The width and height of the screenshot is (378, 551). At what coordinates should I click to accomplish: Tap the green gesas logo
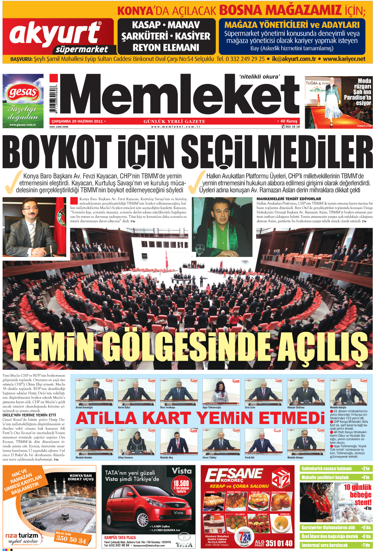click(x=23, y=92)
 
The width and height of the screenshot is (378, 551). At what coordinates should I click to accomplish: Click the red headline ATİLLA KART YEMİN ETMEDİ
click(x=200, y=418)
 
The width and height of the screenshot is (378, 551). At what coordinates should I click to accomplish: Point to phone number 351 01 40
click(x=279, y=543)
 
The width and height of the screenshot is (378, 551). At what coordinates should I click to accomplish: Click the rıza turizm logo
click(x=22, y=536)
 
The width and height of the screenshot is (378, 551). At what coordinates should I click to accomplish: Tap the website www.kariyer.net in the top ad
click(x=344, y=59)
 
